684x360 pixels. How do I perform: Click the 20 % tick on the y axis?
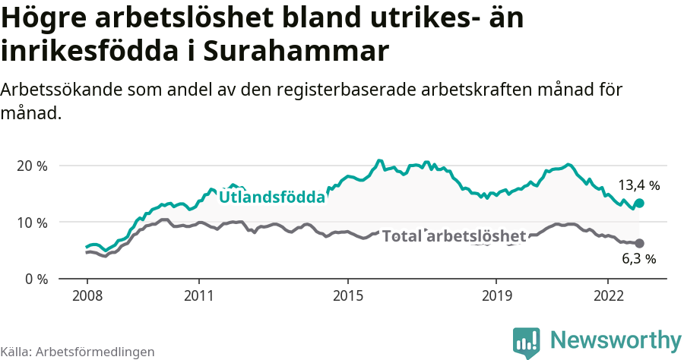[31, 166]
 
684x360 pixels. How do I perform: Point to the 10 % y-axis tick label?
[31, 223]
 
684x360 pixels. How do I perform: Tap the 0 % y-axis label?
[35, 279]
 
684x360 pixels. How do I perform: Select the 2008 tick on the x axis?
[87, 294]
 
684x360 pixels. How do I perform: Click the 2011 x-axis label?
[198, 294]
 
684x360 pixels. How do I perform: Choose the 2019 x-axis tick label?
[496, 294]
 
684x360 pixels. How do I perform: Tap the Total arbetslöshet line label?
[454, 236]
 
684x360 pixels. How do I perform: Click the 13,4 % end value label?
[638, 185]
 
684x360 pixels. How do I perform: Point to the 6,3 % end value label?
[638, 259]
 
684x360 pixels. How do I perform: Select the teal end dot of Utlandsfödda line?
[639, 203]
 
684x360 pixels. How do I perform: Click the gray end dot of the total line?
[639, 243]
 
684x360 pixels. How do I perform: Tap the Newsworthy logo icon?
[527, 342]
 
